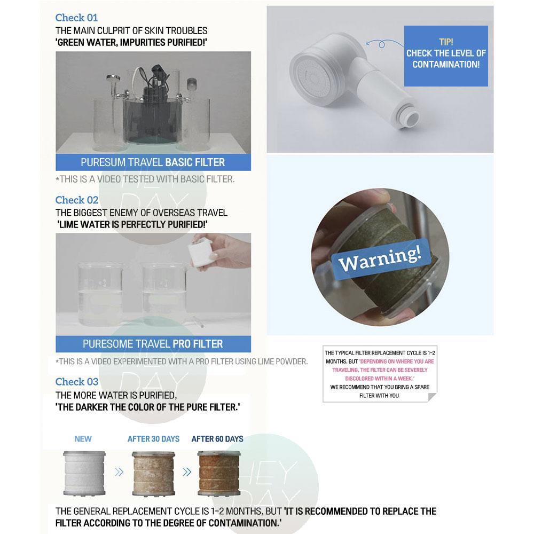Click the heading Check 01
76,18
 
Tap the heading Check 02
77,200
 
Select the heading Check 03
77,382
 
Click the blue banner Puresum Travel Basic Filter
153,162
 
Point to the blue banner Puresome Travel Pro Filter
153,344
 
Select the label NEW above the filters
83,439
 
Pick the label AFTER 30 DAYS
153,439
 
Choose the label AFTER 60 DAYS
217,439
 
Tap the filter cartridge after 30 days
154,472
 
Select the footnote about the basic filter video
145,179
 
